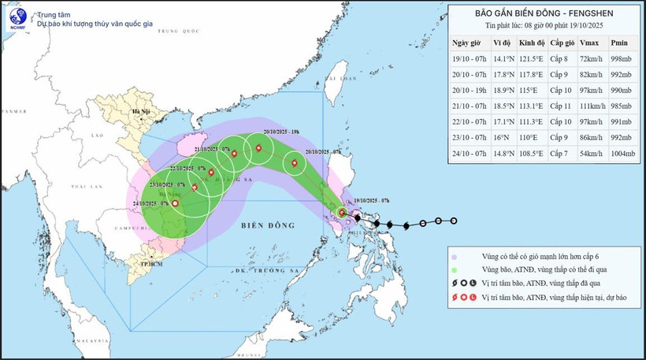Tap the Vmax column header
tap(588, 43)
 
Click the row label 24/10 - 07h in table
tap(469, 153)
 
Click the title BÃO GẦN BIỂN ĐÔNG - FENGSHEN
tap(544, 13)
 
